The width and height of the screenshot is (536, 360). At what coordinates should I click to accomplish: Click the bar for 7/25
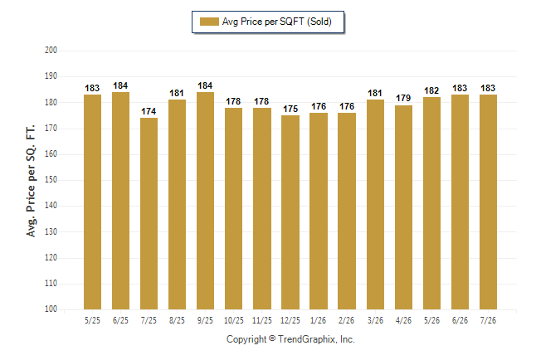[149, 214]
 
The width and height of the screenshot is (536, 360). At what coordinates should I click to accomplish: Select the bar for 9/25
[205, 201]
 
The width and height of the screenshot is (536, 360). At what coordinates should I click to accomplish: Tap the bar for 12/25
[290, 212]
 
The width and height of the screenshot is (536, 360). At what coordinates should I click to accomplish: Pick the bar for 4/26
[403, 207]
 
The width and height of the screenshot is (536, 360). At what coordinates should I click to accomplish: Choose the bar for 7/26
[488, 202]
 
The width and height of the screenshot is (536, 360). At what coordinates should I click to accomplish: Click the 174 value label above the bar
[149, 111]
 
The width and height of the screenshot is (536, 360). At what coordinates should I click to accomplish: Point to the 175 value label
[290, 109]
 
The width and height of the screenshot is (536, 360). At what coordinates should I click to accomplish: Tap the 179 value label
[403, 99]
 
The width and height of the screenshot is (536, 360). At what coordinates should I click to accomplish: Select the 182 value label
[431, 90]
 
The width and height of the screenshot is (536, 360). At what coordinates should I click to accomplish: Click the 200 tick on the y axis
[51, 51]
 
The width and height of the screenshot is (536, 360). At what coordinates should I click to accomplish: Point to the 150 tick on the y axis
[51, 180]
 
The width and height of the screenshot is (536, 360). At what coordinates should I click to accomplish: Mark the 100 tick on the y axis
[51, 309]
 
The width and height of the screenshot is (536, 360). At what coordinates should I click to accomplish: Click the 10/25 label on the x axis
[234, 321]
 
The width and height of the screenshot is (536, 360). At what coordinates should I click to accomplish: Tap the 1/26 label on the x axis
[319, 321]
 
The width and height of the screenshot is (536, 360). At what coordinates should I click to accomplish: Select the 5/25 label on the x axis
[92, 321]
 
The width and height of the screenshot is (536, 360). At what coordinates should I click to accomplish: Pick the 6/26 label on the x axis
[460, 321]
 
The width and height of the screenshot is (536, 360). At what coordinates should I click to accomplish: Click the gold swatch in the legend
[209, 22]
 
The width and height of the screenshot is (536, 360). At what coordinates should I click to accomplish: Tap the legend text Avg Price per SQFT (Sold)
[277, 22]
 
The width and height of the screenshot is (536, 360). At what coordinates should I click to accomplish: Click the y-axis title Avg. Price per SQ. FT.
[31, 181]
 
